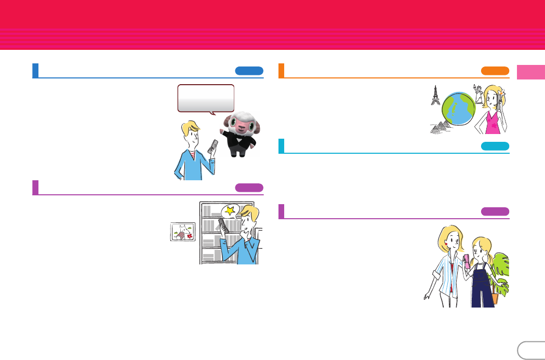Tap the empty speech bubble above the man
[x=206, y=98]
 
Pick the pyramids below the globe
[x=440, y=126]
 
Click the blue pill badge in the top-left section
[x=249, y=71]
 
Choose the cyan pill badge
[x=495, y=146]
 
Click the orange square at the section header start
[x=281, y=71]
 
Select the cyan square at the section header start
[x=281, y=146]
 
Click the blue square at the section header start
[x=35, y=71]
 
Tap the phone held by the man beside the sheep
[x=212, y=147]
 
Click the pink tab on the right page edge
[x=530, y=72]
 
